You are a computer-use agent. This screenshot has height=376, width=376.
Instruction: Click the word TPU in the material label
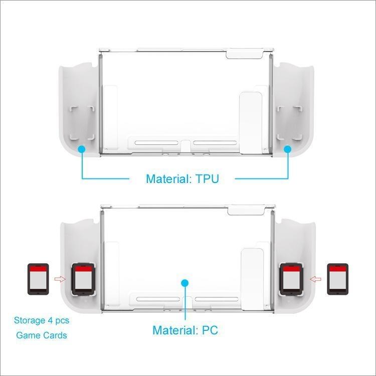(x=207, y=179)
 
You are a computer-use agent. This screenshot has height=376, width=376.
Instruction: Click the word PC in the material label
(x=210, y=330)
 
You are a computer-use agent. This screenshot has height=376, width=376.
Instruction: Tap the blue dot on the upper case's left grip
(x=82, y=149)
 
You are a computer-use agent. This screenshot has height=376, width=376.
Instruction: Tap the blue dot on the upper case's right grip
(x=288, y=149)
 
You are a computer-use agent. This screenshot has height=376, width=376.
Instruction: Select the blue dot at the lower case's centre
(x=184, y=283)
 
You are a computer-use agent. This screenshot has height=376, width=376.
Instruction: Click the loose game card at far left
(x=39, y=279)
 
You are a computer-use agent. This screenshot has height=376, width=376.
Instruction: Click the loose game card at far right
(x=337, y=279)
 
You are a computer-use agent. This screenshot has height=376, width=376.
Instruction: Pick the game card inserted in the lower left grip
(x=83, y=279)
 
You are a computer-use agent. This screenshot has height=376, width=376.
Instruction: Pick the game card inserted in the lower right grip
(x=291, y=279)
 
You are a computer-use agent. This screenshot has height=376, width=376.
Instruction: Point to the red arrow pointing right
(x=60, y=279)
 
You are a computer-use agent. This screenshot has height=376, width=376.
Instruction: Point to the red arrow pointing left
(x=315, y=279)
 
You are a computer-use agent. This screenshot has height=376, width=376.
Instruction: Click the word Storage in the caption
(x=30, y=321)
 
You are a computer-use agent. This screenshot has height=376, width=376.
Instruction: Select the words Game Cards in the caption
(x=42, y=335)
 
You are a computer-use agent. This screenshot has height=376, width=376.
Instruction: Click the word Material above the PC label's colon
(x=174, y=330)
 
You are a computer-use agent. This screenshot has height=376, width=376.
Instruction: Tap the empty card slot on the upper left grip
(x=82, y=123)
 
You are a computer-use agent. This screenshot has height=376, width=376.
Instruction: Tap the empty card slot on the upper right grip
(x=289, y=123)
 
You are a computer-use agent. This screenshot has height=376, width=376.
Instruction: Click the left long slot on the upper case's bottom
(x=156, y=143)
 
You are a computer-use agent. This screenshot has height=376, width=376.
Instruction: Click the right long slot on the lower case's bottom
(x=217, y=299)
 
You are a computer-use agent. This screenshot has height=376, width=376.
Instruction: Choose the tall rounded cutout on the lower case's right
(x=252, y=279)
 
